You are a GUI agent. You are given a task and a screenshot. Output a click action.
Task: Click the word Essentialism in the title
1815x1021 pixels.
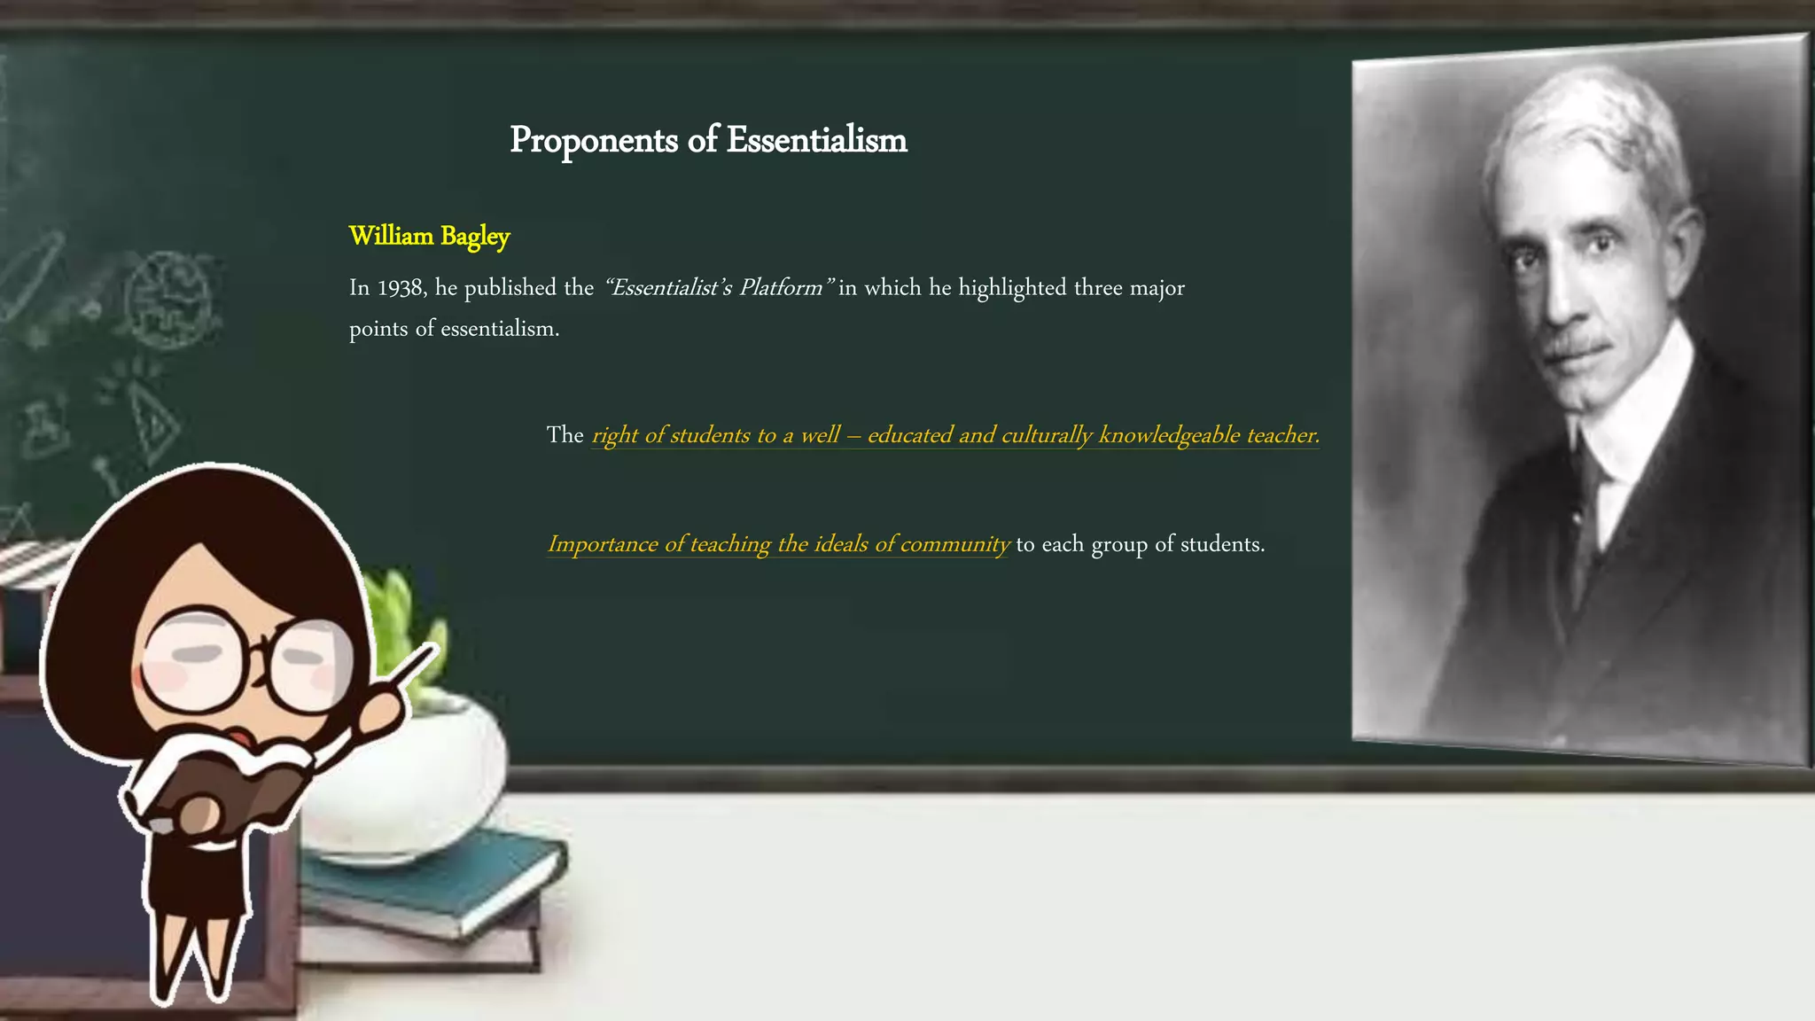(816, 140)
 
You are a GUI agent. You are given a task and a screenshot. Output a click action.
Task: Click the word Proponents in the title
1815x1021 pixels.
(593, 141)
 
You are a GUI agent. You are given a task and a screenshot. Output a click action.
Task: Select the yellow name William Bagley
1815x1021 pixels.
(429, 236)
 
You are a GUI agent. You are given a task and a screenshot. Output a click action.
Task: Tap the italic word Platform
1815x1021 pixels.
(781, 288)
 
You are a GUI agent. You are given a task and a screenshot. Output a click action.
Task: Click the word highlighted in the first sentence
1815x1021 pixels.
(1012, 288)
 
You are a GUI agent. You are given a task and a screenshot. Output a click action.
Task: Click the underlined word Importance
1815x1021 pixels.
(603, 544)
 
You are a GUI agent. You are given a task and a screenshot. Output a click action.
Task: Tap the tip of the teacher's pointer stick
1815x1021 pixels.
(434, 649)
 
